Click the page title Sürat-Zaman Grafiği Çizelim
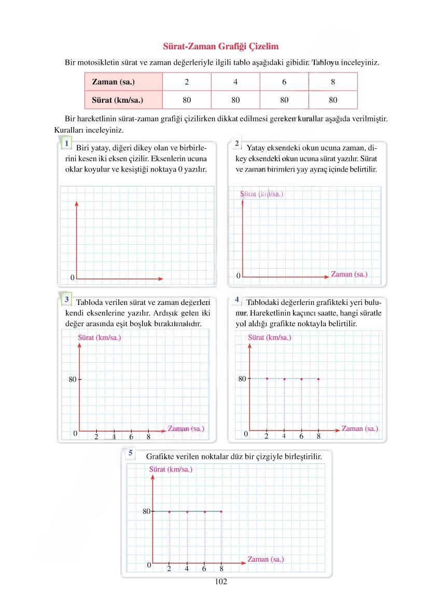point(221,47)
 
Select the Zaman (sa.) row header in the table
point(113,81)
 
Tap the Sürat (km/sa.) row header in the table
point(117,100)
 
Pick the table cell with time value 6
point(284,81)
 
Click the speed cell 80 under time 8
point(333,100)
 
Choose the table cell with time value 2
point(186,81)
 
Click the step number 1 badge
point(67,142)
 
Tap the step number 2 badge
point(237,143)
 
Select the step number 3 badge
point(67,299)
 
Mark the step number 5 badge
point(131,453)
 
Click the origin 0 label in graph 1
point(72,278)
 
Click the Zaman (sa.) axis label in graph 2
point(349,274)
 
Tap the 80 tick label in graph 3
point(72,379)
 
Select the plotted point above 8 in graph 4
point(318,379)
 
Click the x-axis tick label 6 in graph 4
point(301,436)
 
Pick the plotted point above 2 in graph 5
point(169,512)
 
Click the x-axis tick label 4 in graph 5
point(187,568)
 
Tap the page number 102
point(221,581)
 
